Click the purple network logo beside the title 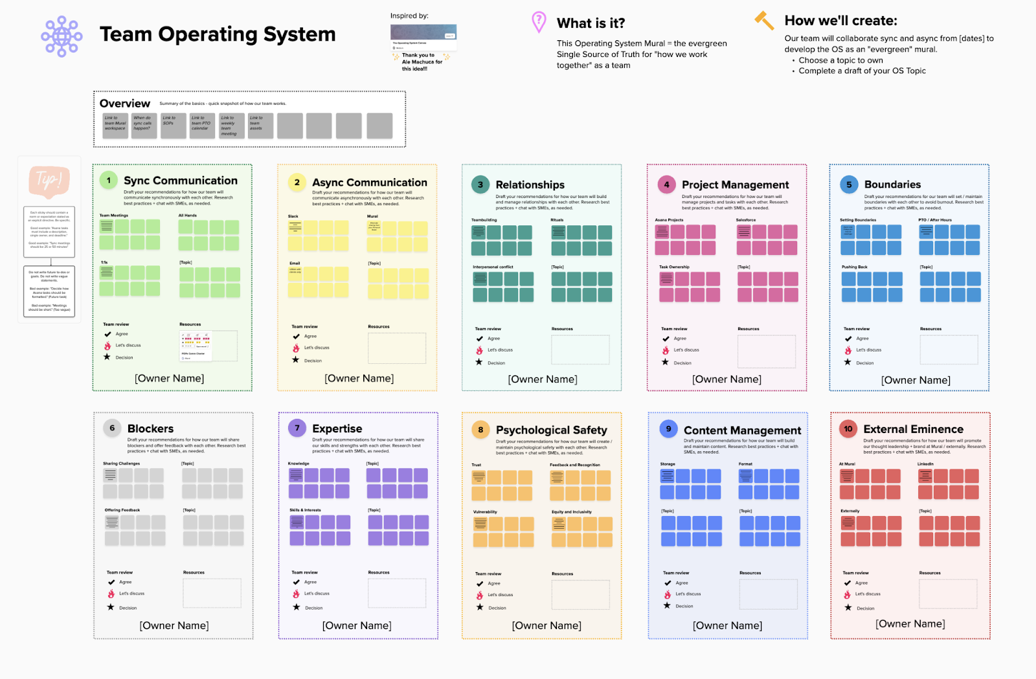(62, 36)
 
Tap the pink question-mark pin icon (538, 22)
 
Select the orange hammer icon (764, 21)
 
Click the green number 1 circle (109, 181)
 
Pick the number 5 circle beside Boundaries (849, 184)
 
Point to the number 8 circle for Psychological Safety (480, 430)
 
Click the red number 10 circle (848, 429)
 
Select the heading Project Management (735, 185)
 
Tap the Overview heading (125, 104)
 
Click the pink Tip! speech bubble (49, 181)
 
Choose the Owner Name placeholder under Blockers (174, 625)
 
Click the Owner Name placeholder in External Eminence (910, 623)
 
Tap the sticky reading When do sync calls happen (143, 126)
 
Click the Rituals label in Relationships (557, 220)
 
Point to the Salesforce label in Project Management (746, 220)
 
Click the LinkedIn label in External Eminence (925, 464)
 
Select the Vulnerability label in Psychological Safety (485, 512)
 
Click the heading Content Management (742, 430)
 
